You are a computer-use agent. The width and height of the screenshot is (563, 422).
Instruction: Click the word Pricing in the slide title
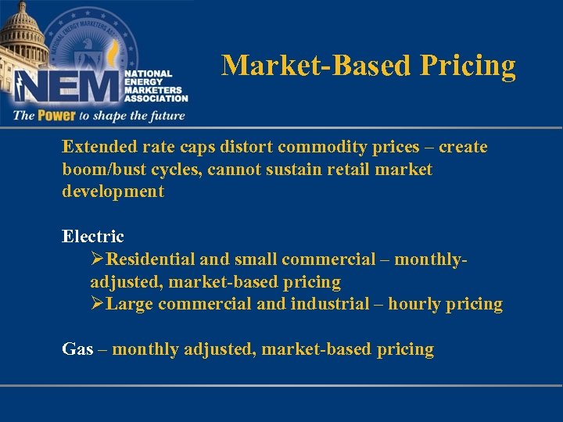(468, 66)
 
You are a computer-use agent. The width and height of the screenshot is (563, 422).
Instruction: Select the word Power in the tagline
(55, 116)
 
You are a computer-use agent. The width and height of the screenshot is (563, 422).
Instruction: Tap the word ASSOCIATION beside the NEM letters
(156, 98)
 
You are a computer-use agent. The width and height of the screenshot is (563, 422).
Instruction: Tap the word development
(113, 191)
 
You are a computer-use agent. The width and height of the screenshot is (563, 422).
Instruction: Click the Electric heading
(93, 236)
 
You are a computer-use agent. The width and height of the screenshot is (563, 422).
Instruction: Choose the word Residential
(152, 259)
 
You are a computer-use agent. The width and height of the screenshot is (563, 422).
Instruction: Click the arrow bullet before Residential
(98, 259)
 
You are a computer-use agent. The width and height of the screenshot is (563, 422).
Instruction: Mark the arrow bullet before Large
(98, 304)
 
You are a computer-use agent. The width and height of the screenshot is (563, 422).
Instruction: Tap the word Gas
(77, 349)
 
